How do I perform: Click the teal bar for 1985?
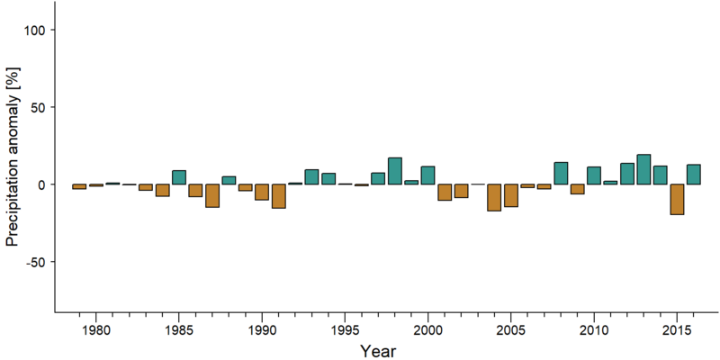[x=179, y=177]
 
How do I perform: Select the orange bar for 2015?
[x=678, y=199]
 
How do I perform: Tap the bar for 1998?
[x=395, y=171]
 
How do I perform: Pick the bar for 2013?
[x=643, y=169]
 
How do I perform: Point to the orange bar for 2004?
[x=494, y=197]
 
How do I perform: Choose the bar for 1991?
[x=279, y=196]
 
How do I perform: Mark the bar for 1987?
[x=212, y=195]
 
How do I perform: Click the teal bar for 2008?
[x=561, y=173]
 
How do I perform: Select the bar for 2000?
[x=428, y=175]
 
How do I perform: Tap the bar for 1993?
[x=311, y=176]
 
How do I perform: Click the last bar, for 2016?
[x=694, y=175]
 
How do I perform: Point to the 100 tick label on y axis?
[x=37, y=30]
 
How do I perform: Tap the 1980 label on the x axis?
[x=96, y=331]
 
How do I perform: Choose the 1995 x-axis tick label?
[x=345, y=331]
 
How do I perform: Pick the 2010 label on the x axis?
[x=594, y=331]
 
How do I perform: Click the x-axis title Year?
[x=377, y=351]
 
